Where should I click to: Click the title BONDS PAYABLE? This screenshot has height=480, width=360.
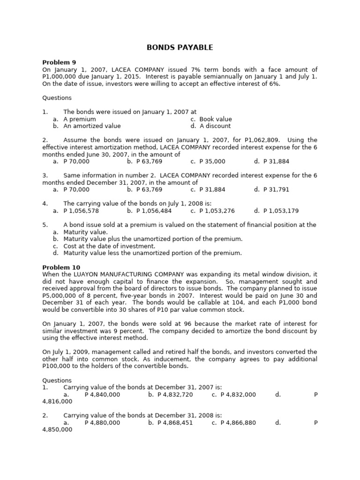[180, 47]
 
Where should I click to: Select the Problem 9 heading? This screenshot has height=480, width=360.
[59, 62]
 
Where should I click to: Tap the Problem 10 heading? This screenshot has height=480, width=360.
[61, 267]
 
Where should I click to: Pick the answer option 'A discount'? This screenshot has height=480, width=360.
[215, 126]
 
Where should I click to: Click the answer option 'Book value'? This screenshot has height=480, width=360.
[215, 119]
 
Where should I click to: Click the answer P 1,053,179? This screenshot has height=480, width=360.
[281, 210]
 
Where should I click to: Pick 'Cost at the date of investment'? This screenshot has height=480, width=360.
[109, 246]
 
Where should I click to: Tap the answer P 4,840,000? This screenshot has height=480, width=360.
[102, 395]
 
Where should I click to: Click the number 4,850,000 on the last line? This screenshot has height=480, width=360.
[57, 429]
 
